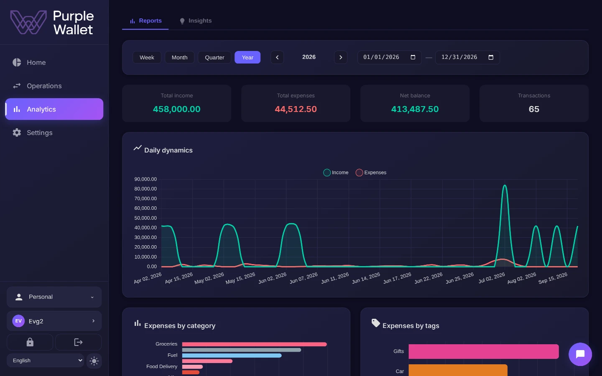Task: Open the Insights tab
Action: pyautogui.click(x=196, y=21)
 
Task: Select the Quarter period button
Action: pyautogui.click(x=214, y=57)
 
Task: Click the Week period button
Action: pyautogui.click(x=147, y=57)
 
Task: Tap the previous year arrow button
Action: pyautogui.click(x=277, y=57)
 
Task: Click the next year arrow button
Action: pyautogui.click(x=341, y=57)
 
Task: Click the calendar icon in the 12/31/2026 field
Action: pyautogui.click(x=491, y=57)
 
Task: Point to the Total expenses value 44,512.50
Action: pyautogui.click(x=296, y=109)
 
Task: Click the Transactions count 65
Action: pyautogui.click(x=534, y=109)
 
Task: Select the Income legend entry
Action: pyautogui.click(x=336, y=173)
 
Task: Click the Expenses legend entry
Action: pyautogui.click(x=371, y=173)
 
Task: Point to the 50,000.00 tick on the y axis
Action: pyautogui.click(x=145, y=218)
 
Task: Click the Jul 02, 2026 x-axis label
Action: pyautogui.click(x=492, y=278)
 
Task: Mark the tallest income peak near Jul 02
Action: pyautogui.click(x=505, y=185)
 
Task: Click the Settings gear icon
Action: pyautogui.click(x=17, y=132)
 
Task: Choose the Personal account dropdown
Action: pyautogui.click(x=54, y=297)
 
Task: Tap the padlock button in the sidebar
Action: pyautogui.click(x=30, y=342)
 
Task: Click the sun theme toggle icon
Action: pyautogui.click(x=94, y=361)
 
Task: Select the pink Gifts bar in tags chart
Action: pyautogui.click(x=483, y=351)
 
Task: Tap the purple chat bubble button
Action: pyautogui.click(x=580, y=354)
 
